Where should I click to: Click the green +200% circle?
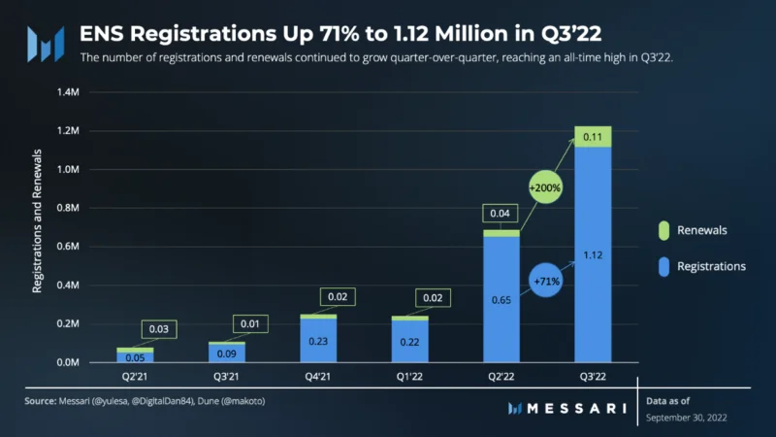pos(545,187)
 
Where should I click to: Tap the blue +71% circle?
pos(546,281)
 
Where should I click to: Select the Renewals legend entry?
pos(693,230)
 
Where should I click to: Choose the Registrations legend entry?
pos(701,266)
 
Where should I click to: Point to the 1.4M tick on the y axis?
pos(68,92)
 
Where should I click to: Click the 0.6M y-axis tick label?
pos(68,247)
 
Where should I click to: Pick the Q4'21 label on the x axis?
pos(318,377)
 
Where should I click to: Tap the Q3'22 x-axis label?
pos(593,377)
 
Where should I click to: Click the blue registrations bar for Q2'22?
pos(501,299)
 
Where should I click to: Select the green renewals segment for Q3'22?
pos(593,137)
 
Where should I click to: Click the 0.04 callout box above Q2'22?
pos(500,213)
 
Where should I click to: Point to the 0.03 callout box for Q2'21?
pos(159,329)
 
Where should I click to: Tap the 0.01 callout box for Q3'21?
pos(250,323)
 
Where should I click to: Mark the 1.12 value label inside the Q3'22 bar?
pos(593,255)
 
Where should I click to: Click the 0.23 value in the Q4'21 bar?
pos(318,342)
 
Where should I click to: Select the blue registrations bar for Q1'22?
pos(409,342)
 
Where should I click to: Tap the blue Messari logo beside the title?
pos(46,44)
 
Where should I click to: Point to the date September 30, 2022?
pos(687,418)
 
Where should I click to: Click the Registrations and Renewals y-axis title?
pos(37,221)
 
